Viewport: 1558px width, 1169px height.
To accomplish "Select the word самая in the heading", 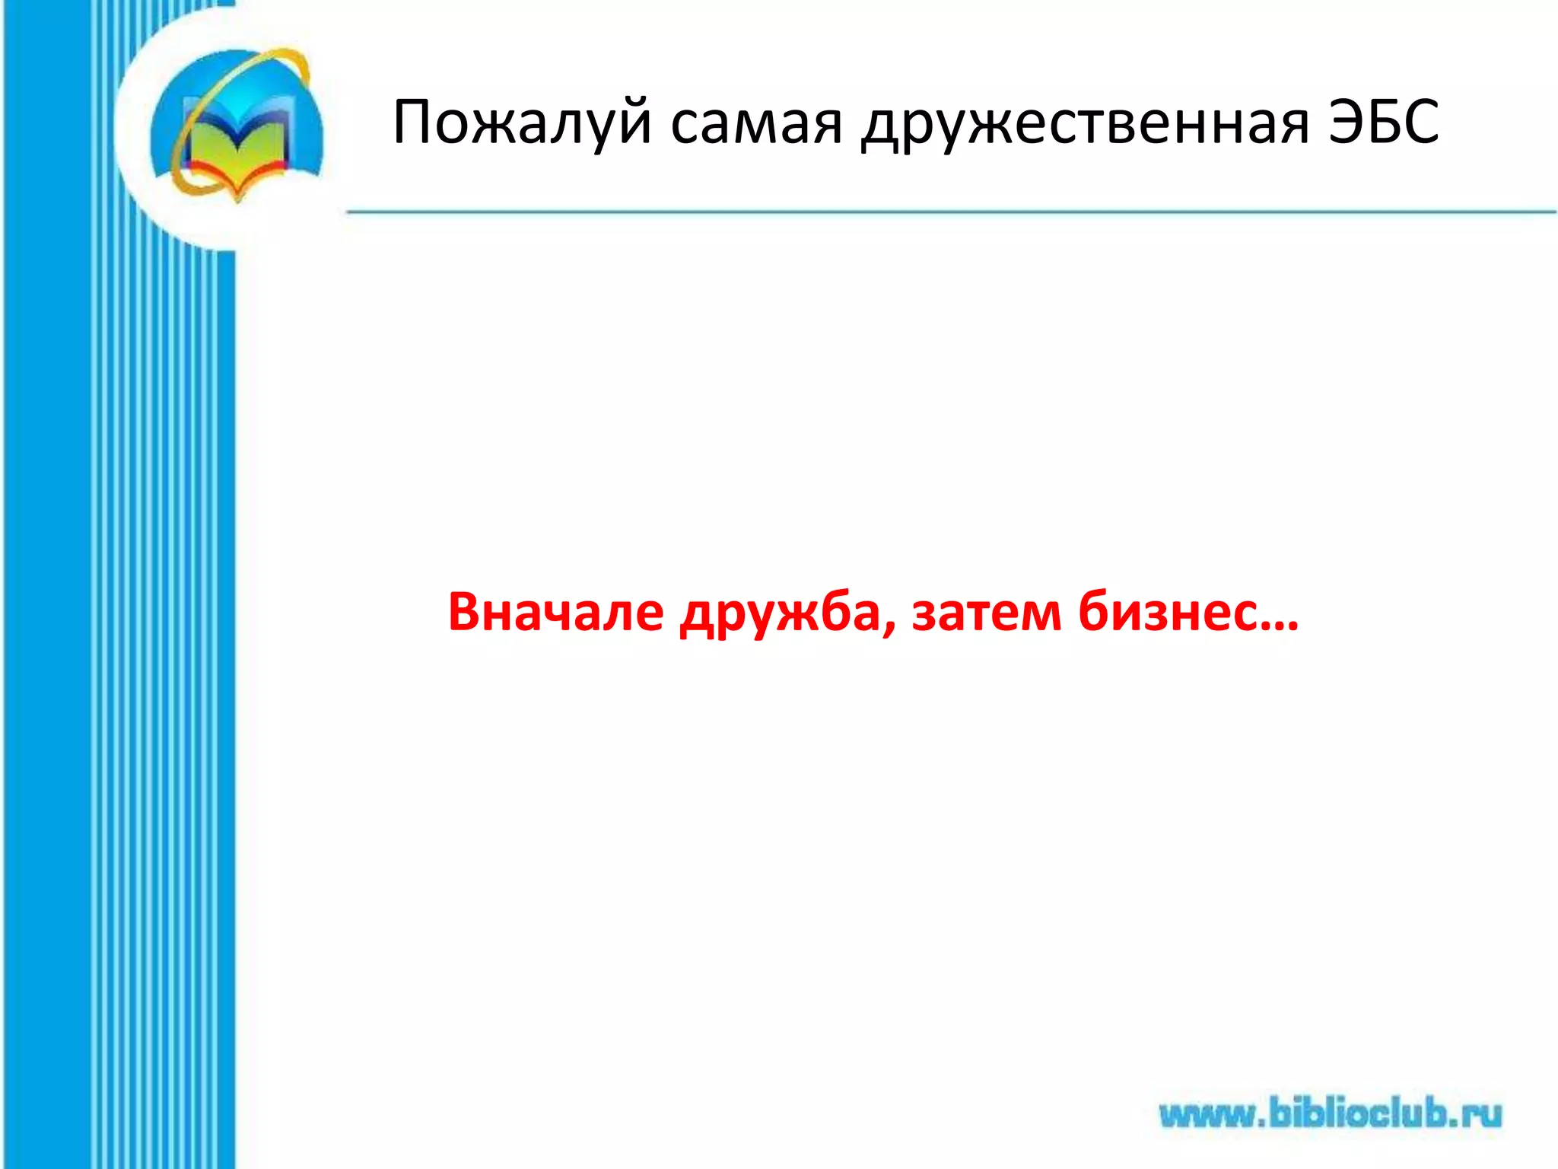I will (756, 123).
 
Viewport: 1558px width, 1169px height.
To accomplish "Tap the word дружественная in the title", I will (1085, 123).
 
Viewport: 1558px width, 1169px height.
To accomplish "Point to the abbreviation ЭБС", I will (1383, 122).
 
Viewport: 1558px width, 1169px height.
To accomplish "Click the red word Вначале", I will (555, 613).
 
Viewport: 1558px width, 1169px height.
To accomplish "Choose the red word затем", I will (986, 613).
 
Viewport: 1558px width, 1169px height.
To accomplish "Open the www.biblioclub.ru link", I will (1331, 1115).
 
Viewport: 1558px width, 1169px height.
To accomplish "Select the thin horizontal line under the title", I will (951, 212).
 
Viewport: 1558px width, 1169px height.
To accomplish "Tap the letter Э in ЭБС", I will (1347, 122).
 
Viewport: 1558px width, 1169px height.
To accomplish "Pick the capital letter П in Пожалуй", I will (416, 122).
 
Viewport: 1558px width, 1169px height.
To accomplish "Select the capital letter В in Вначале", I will (466, 613).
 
